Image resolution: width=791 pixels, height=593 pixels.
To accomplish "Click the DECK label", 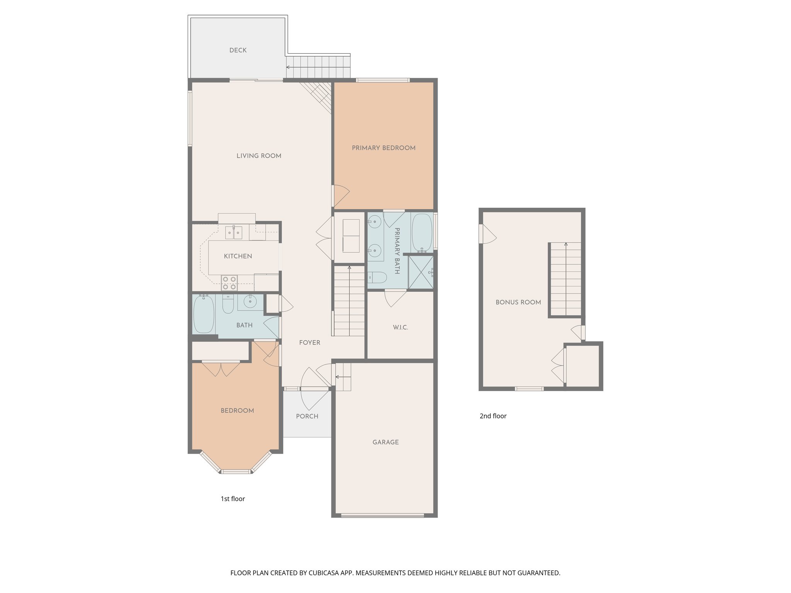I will click(x=238, y=50).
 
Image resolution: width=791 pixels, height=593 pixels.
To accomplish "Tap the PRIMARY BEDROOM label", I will click(x=384, y=148).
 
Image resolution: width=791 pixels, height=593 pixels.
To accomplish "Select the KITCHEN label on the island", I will click(x=238, y=256).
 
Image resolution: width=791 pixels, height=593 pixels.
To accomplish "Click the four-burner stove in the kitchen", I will click(x=229, y=283).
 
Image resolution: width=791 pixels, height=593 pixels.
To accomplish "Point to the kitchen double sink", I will click(x=234, y=232).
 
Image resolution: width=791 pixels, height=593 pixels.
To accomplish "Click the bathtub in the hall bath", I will click(x=204, y=314).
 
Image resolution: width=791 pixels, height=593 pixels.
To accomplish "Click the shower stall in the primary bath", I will click(x=421, y=273).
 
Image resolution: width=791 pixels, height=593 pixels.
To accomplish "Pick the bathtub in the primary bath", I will click(x=422, y=232).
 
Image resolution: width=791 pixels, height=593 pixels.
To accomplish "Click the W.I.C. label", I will click(x=401, y=327).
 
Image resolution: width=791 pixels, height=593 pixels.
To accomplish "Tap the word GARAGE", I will click(x=385, y=442).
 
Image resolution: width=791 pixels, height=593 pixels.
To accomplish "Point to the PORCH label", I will click(x=307, y=416).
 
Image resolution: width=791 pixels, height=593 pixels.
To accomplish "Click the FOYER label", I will click(x=310, y=342).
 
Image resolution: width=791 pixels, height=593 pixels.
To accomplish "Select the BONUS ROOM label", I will click(x=518, y=302).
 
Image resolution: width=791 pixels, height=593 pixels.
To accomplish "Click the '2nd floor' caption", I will click(x=493, y=416).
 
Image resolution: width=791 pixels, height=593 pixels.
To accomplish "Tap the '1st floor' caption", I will click(x=233, y=499).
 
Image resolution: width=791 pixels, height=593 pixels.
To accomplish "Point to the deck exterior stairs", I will click(x=318, y=67).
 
